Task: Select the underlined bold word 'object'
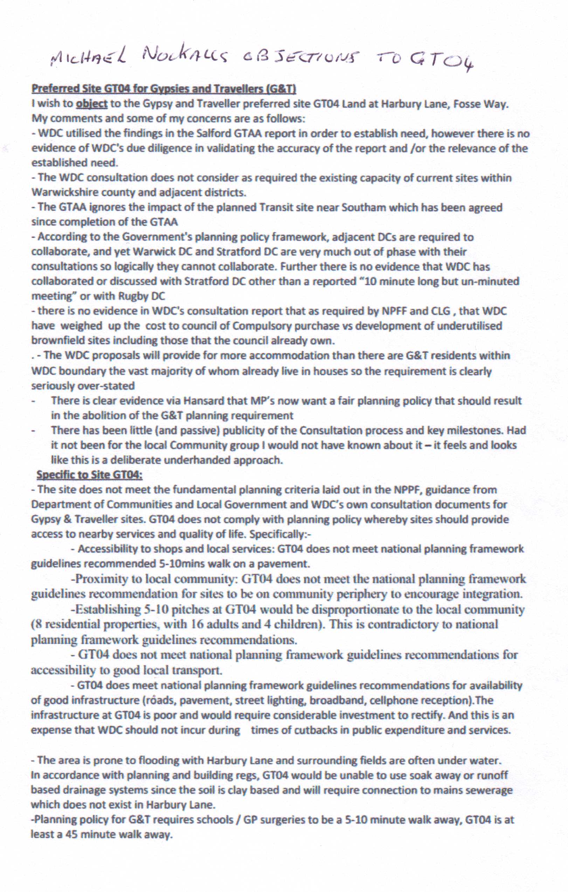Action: coord(92,104)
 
